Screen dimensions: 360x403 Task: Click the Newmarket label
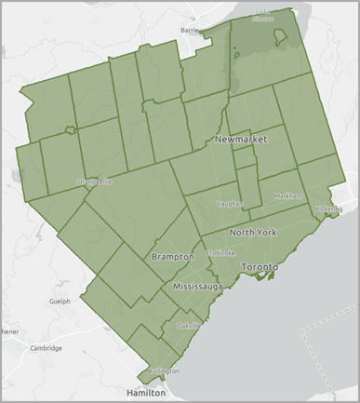(x=240, y=139)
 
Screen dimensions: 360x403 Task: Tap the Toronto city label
(x=260, y=267)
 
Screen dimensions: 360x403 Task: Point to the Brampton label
(x=172, y=256)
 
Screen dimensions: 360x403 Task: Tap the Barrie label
(x=192, y=30)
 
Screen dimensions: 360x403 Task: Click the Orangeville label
(x=95, y=181)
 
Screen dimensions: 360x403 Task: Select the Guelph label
(x=60, y=302)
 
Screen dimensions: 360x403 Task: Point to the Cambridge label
(x=46, y=348)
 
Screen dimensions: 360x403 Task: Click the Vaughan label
(x=229, y=202)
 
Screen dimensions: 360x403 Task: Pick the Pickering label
(x=328, y=209)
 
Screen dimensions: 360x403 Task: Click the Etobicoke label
(x=222, y=252)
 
